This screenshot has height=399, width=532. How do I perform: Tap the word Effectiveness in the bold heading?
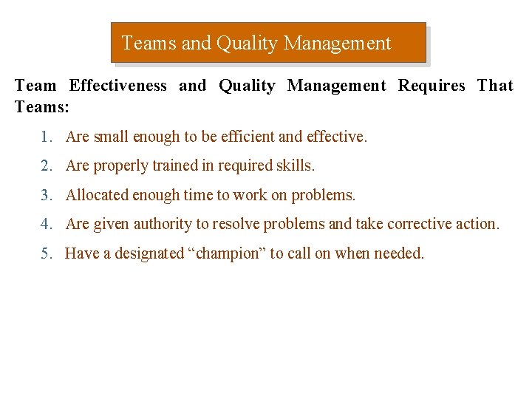point(118,86)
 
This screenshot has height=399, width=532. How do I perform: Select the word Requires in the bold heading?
point(432,86)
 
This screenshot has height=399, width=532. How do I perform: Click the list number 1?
point(46,137)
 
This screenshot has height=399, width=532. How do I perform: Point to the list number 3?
point(46,195)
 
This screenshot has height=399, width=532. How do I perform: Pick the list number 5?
point(46,253)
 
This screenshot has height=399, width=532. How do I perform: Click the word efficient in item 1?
point(256,137)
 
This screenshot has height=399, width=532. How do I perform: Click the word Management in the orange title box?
point(338,44)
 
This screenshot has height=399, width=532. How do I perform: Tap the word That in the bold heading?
point(495,86)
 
